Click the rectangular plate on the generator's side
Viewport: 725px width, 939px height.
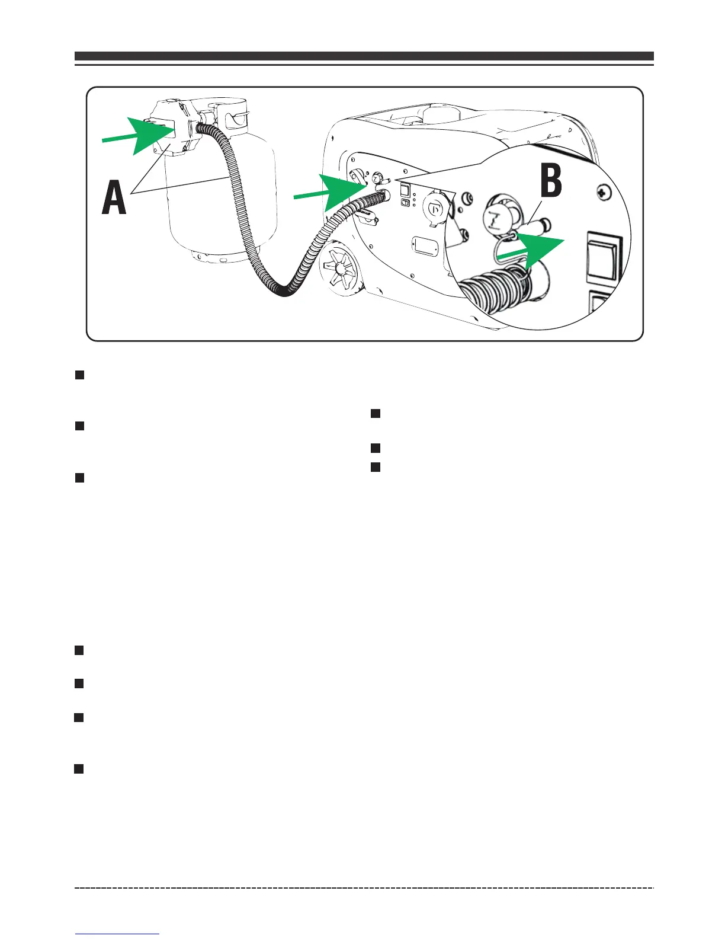[x=424, y=246]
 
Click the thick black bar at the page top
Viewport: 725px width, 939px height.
[x=364, y=56]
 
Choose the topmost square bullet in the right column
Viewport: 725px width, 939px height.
[x=374, y=414]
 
